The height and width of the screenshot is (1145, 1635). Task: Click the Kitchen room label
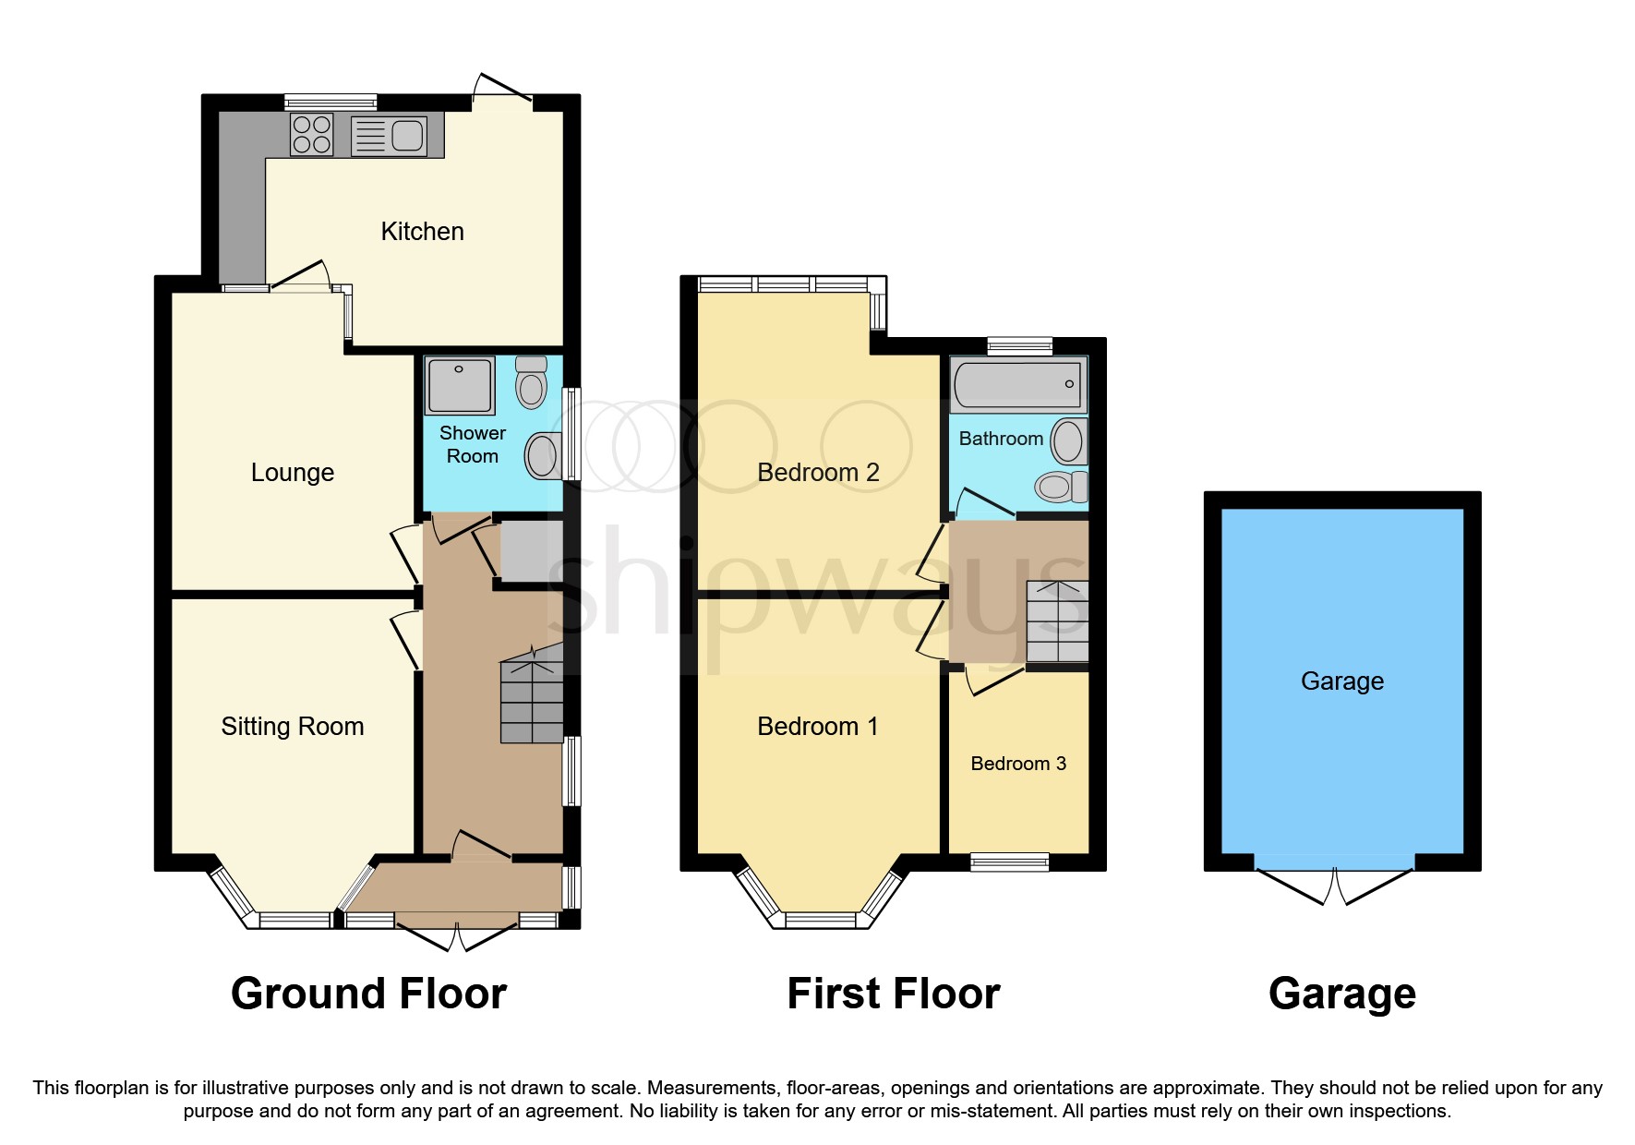point(422,231)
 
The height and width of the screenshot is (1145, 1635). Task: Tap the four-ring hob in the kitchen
point(312,135)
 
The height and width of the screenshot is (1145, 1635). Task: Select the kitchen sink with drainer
point(389,136)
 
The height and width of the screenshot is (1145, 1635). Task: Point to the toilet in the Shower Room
point(532,382)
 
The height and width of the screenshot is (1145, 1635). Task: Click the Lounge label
point(292,472)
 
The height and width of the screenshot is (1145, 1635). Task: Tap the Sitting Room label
point(292,726)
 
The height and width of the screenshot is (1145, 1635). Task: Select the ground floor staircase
point(532,701)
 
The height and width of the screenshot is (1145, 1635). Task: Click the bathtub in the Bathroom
point(1017,384)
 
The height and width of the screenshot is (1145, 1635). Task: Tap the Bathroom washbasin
point(1068,440)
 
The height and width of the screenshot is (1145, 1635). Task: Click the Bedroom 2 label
point(817,472)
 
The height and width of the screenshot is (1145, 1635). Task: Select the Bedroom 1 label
point(817,726)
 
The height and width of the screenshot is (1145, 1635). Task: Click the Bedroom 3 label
point(1018,763)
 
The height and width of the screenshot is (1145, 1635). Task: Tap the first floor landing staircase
point(1057,621)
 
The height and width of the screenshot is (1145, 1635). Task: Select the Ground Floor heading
point(368,994)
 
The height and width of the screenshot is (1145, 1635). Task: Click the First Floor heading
point(893,994)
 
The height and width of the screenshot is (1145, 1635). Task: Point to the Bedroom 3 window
point(1009,862)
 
